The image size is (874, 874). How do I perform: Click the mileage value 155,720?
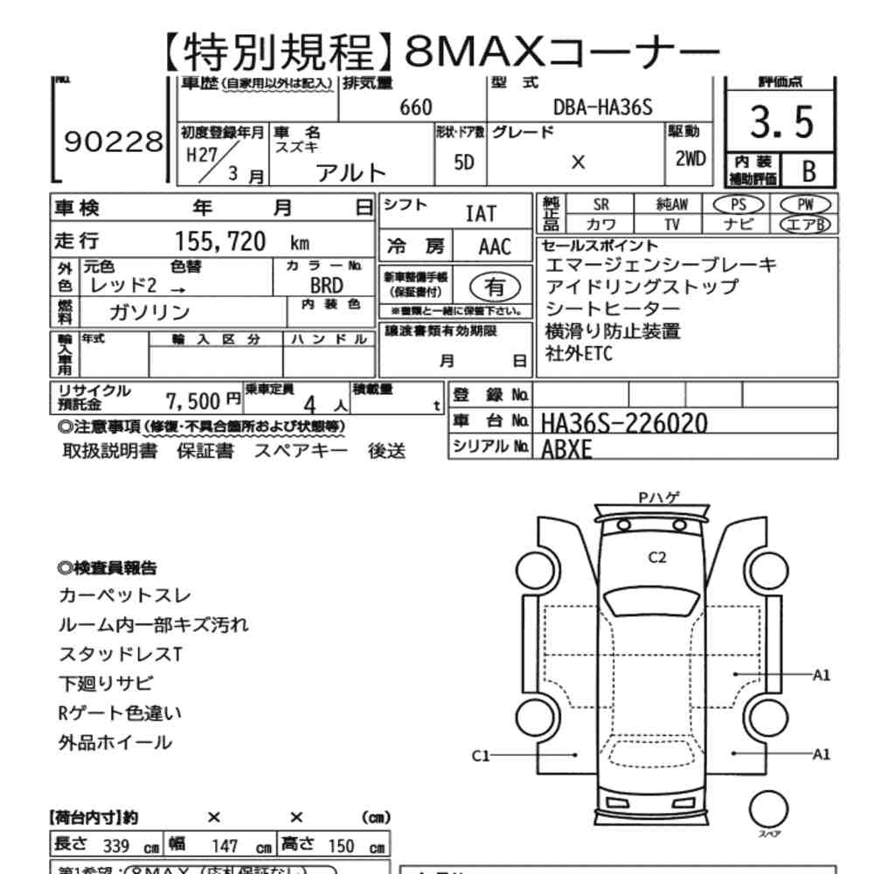click(x=221, y=242)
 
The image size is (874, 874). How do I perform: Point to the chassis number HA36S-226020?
click(x=624, y=422)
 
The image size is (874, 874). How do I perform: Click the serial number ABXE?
click(x=566, y=449)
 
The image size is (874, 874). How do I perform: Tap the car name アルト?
click(x=350, y=171)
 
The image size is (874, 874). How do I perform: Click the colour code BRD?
click(x=326, y=286)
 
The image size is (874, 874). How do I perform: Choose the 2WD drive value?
click(x=691, y=161)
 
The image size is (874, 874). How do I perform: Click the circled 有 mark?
click(x=495, y=286)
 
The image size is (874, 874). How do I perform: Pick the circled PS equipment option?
click(x=739, y=204)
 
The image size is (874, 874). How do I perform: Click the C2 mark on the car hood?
click(x=657, y=558)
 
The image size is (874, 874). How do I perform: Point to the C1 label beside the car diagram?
click(x=482, y=753)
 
